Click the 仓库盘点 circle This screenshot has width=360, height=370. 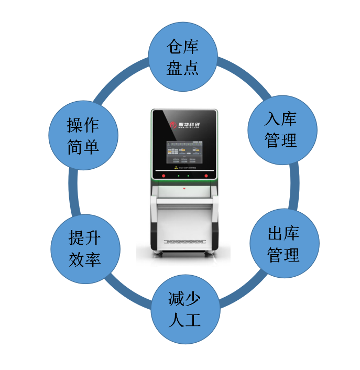click(x=183, y=57)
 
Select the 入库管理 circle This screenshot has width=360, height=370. click(x=281, y=129)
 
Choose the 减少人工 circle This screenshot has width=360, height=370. click(x=184, y=309)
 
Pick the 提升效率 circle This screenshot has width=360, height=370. click(x=85, y=248)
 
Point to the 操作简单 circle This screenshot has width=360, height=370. click(x=83, y=135)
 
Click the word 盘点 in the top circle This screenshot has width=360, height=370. click(x=183, y=68)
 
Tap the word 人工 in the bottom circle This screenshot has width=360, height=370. click(x=184, y=320)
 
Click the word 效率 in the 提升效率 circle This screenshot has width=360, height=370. click(x=85, y=260)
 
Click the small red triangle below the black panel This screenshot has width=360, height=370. click(x=184, y=187)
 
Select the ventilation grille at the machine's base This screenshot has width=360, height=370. click(x=184, y=242)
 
